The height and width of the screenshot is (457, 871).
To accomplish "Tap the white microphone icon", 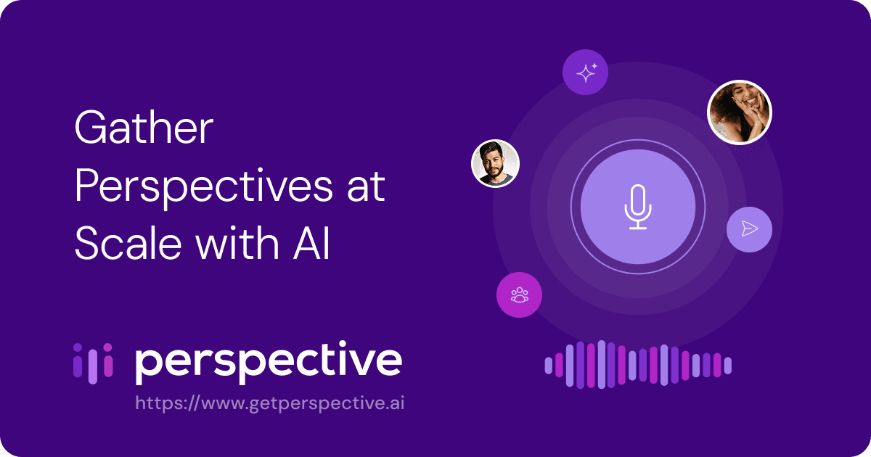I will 638,207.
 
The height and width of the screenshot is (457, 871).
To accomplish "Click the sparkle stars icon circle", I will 586,73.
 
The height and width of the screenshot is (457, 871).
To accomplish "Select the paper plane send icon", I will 749,229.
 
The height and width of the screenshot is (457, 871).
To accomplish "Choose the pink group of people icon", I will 519,295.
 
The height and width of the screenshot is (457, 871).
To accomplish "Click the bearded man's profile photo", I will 495,163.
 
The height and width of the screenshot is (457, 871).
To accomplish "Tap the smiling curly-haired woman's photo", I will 739,112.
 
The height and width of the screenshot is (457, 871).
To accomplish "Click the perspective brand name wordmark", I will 269,363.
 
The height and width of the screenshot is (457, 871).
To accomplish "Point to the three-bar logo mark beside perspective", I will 94,362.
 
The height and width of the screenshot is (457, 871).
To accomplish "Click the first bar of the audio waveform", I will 549,366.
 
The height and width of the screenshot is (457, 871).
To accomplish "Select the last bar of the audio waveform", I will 728,366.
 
